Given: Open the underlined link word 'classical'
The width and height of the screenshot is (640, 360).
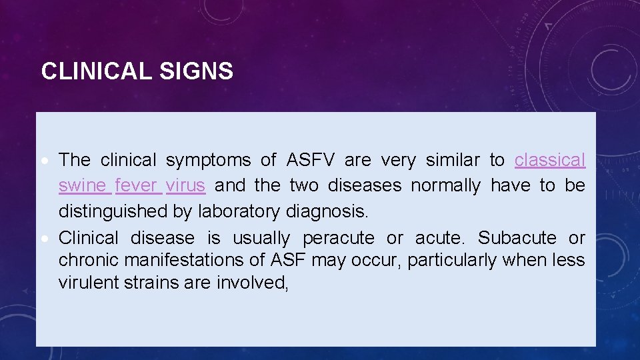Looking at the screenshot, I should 550,160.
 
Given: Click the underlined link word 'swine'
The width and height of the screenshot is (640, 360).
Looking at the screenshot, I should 84,185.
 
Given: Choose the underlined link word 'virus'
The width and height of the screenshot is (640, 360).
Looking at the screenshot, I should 185,185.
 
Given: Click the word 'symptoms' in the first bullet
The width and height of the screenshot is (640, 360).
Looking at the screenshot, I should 208,160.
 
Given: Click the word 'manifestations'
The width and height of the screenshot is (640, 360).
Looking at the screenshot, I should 180,260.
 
